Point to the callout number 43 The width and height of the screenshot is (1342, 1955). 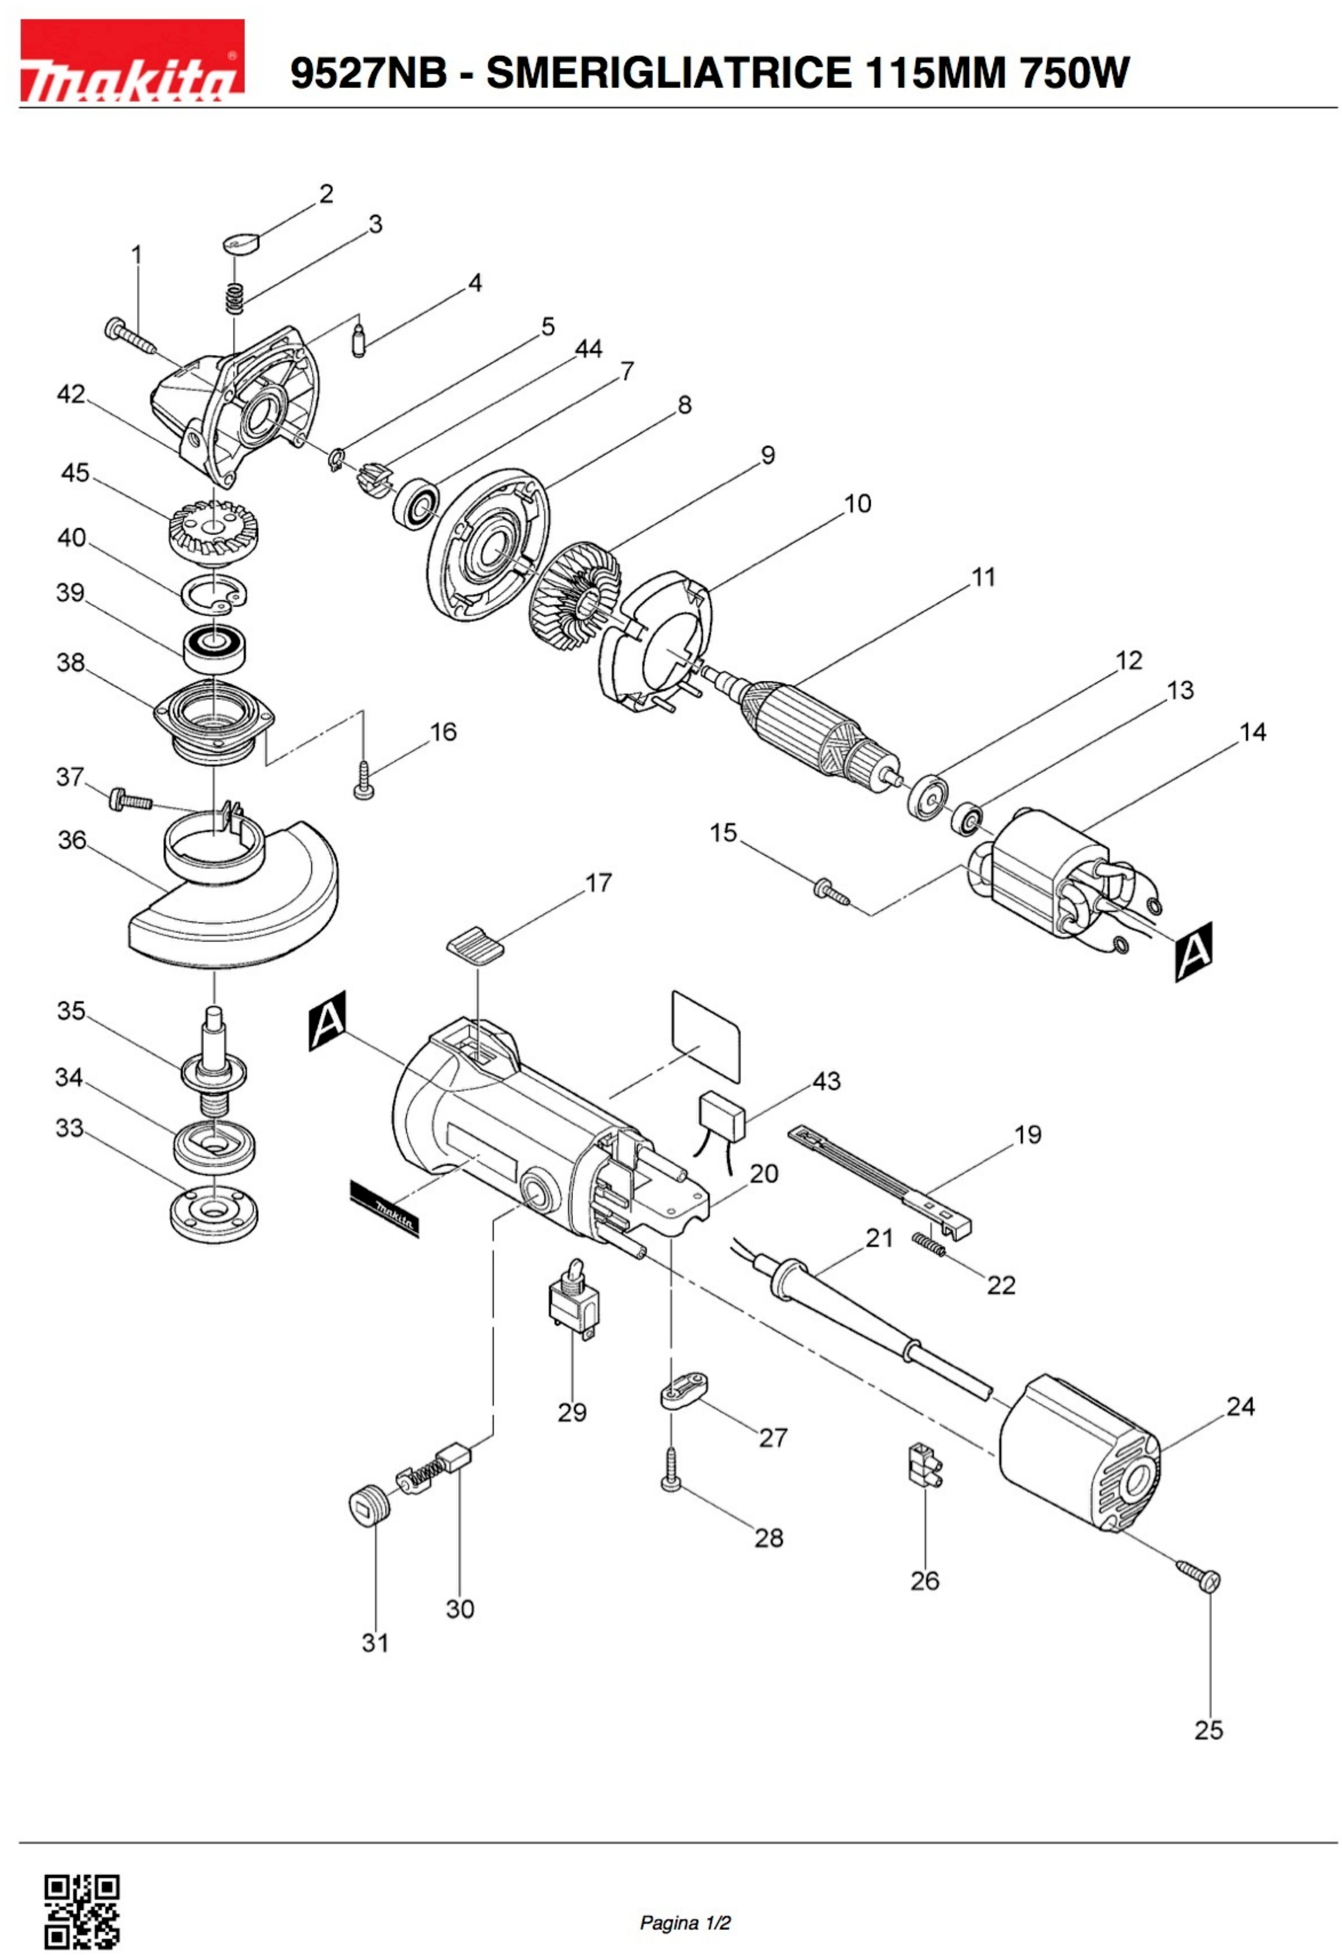[x=827, y=1081]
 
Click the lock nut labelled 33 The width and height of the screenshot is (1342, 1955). [x=213, y=1215]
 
